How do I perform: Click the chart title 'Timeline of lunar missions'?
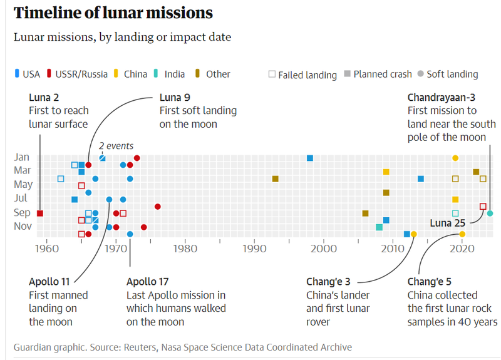(113, 13)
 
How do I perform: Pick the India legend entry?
(170, 74)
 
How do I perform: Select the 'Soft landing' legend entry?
(447, 74)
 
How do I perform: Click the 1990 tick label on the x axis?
(254, 247)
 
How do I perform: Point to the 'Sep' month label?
(23, 212)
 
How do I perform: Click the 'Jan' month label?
(23, 157)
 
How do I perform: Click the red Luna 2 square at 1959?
(40, 213)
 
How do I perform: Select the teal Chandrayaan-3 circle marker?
(490, 213)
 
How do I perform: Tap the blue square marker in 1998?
(310, 158)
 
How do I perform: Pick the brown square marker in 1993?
(275, 179)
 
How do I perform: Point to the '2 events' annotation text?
(116, 146)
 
